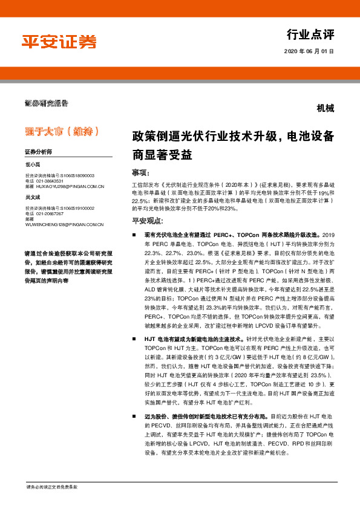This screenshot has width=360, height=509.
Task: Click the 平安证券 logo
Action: tap(59, 41)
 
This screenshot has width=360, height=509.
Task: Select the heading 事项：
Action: tap(141, 172)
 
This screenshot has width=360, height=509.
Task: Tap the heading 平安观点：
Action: tap(146, 221)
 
